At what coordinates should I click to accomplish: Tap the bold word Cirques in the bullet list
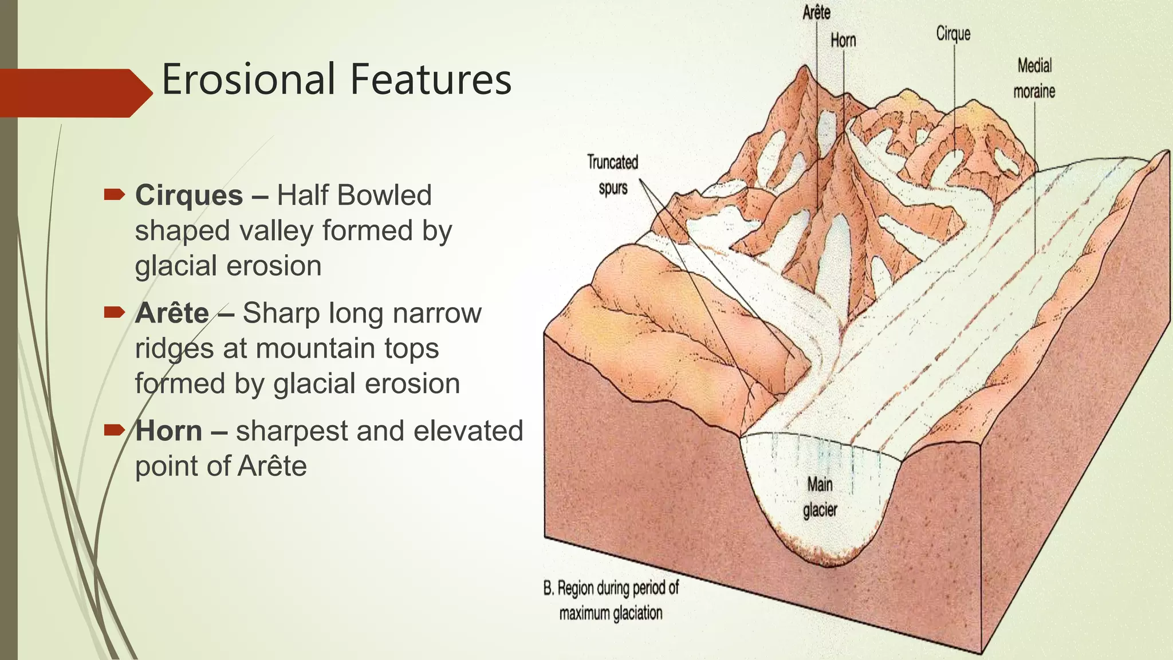pyautogui.click(x=189, y=195)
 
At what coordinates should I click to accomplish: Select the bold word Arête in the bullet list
pyautogui.click(x=172, y=313)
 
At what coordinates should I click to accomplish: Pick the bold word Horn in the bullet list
pyautogui.click(x=169, y=431)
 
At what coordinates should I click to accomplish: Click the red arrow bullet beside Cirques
pyautogui.click(x=115, y=195)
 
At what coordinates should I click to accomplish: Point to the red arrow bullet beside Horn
pyautogui.click(x=115, y=430)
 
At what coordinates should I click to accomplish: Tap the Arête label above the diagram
pyautogui.click(x=816, y=13)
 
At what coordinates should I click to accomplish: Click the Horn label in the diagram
pyautogui.click(x=843, y=41)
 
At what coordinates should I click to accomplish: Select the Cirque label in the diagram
pyautogui.click(x=953, y=34)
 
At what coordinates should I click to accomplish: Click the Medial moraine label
pyautogui.click(x=1034, y=78)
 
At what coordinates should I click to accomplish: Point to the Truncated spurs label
pyautogui.click(x=612, y=175)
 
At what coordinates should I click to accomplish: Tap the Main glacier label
pyautogui.click(x=820, y=497)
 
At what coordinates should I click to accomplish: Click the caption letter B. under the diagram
pyautogui.click(x=549, y=588)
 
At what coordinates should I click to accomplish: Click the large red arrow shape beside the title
pyautogui.click(x=74, y=93)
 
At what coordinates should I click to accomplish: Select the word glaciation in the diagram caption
pyautogui.click(x=637, y=614)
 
